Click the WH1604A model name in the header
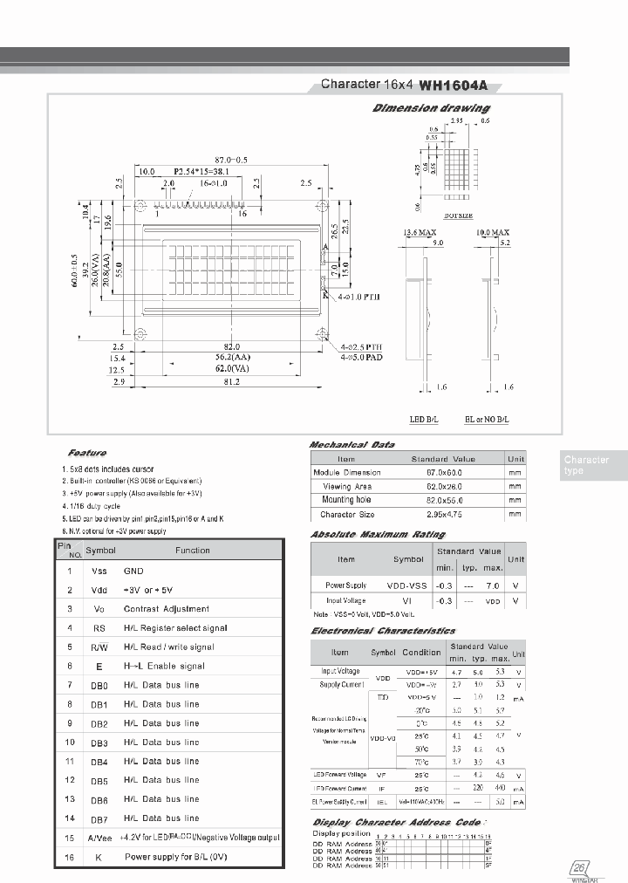pos(454,86)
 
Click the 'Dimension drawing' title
pos(431,108)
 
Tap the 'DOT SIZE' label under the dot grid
pos(458,214)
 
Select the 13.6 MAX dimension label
pos(419,233)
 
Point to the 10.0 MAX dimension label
pos(493,233)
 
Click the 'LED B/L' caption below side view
pos(424,420)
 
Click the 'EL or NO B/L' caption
pos(487,420)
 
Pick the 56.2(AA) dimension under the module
pos(231,358)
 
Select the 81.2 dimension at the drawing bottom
pos(231,382)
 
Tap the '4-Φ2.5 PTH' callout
pos(363,346)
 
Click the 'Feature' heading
pos(86,453)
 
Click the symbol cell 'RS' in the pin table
pos(99,628)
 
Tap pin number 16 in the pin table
pos(69,858)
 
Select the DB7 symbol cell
pos(99,818)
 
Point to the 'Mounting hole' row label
pos(346,500)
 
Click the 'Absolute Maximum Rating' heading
pos(378,534)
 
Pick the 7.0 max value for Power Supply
pos(493,585)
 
